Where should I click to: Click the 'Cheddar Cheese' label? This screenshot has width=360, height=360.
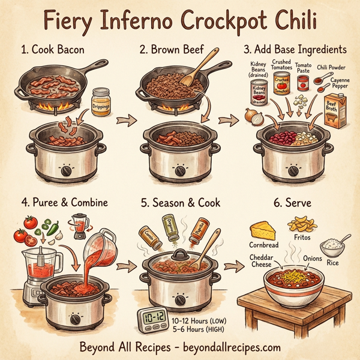263,260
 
